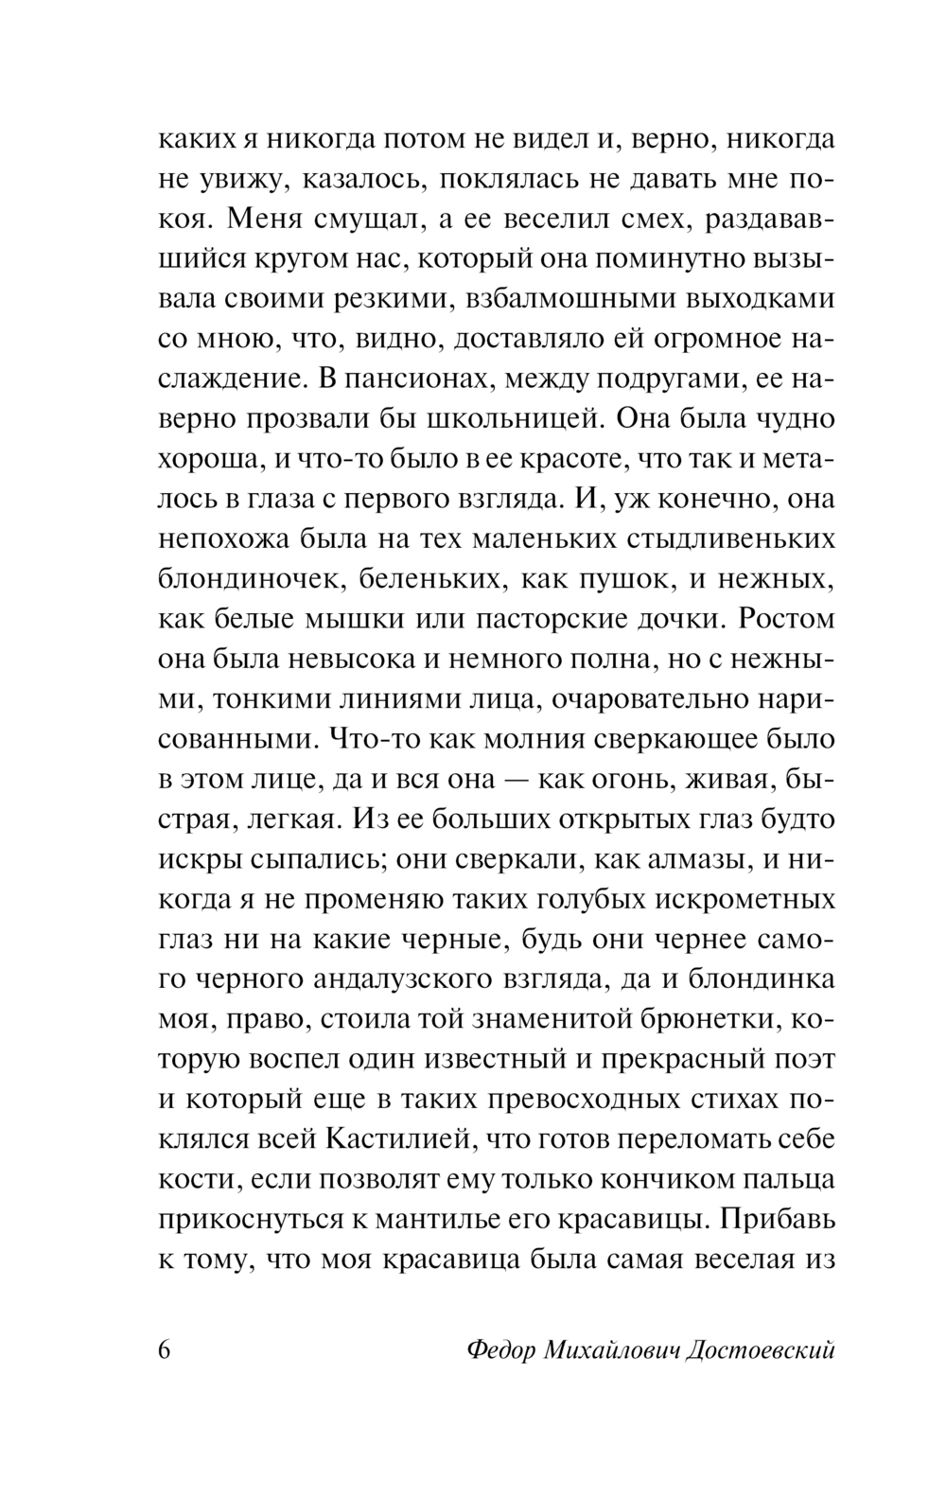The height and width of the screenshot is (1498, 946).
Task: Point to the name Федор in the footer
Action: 501,1349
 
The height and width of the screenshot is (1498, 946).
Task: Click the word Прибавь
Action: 779,1217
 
